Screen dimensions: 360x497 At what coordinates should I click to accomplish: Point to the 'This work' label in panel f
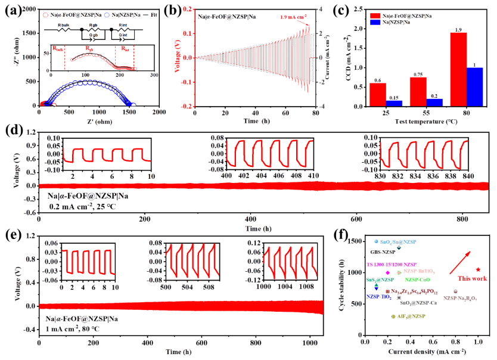(472, 278)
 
